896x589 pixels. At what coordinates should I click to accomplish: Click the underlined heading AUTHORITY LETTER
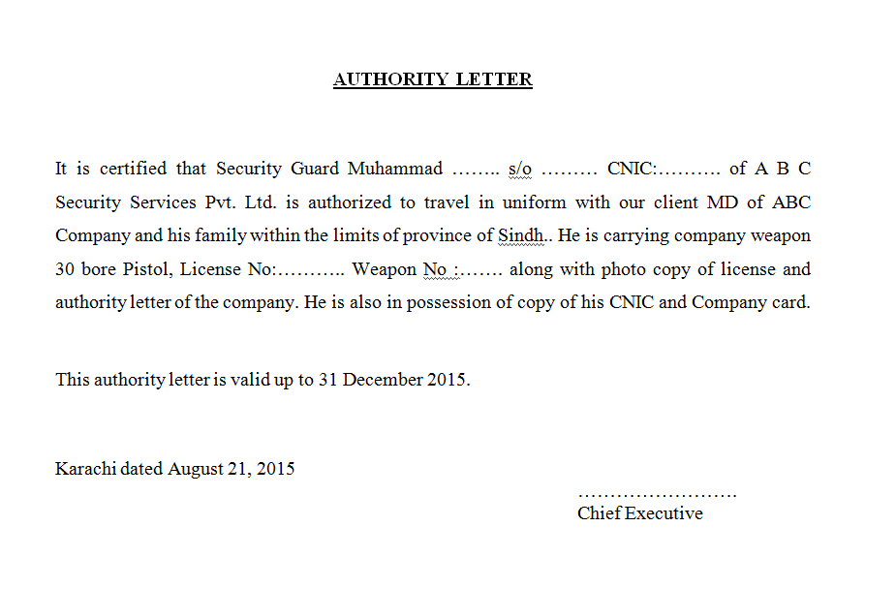pyautogui.click(x=432, y=79)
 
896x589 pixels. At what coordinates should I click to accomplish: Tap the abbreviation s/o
pyautogui.click(x=519, y=169)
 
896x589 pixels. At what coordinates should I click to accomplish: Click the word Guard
pyautogui.click(x=314, y=169)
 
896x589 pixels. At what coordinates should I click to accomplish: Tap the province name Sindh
pyautogui.click(x=520, y=235)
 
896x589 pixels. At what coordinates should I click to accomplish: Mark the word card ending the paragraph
pyautogui.click(x=788, y=301)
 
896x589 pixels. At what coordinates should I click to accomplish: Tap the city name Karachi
pyautogui.click(x=86, y=469)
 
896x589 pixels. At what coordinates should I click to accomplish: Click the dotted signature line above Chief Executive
pyautogui.click(x=657, y=495)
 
